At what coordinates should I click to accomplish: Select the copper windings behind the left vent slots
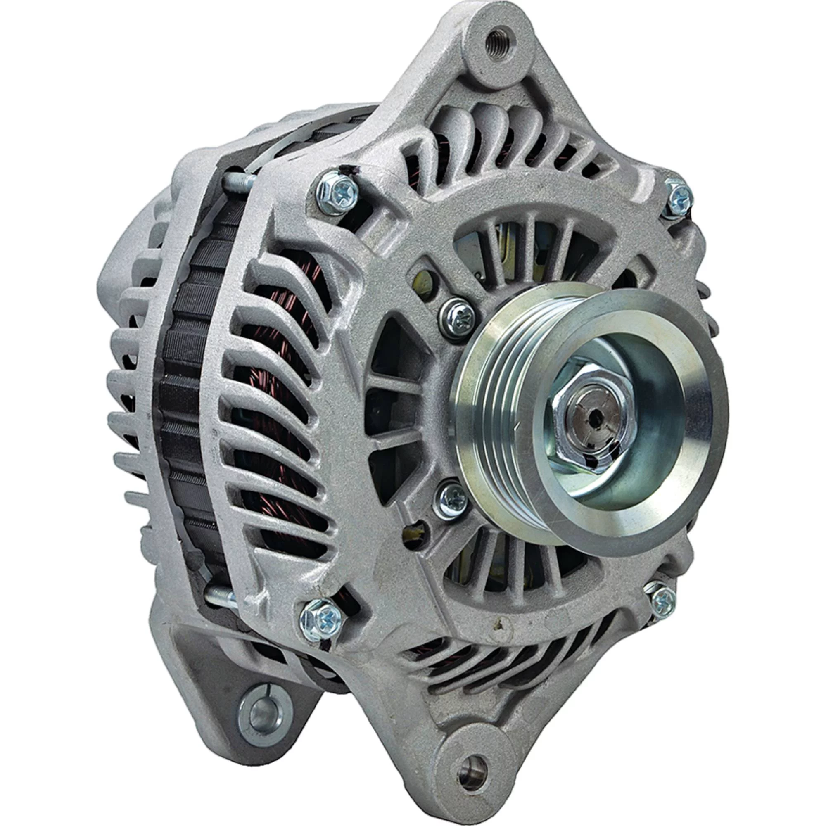click(x=278, y=385)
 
